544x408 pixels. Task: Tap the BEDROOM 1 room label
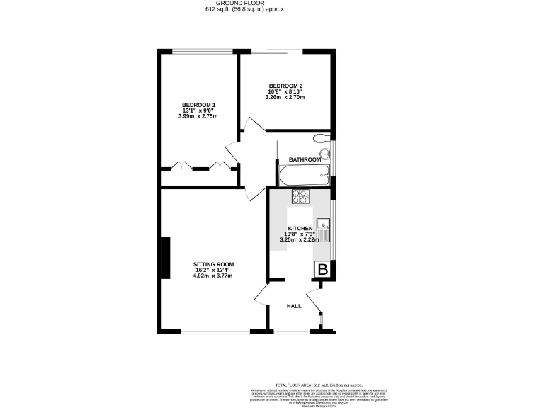point(198,105)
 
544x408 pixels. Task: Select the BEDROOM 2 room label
point(286,86)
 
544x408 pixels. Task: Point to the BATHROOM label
point(305,160)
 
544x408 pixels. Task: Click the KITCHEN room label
point(300,228)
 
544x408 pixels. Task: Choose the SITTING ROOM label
point(213,264)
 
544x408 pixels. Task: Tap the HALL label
point(294,306)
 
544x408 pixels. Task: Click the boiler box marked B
point(323,270)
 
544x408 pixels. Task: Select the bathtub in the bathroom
point(304,175)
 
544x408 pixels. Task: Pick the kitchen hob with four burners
point(300,196)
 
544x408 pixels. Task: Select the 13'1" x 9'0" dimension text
point(198,110)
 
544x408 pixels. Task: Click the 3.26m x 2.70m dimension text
point(286,98)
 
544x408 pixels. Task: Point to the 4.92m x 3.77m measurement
point(213,276)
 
